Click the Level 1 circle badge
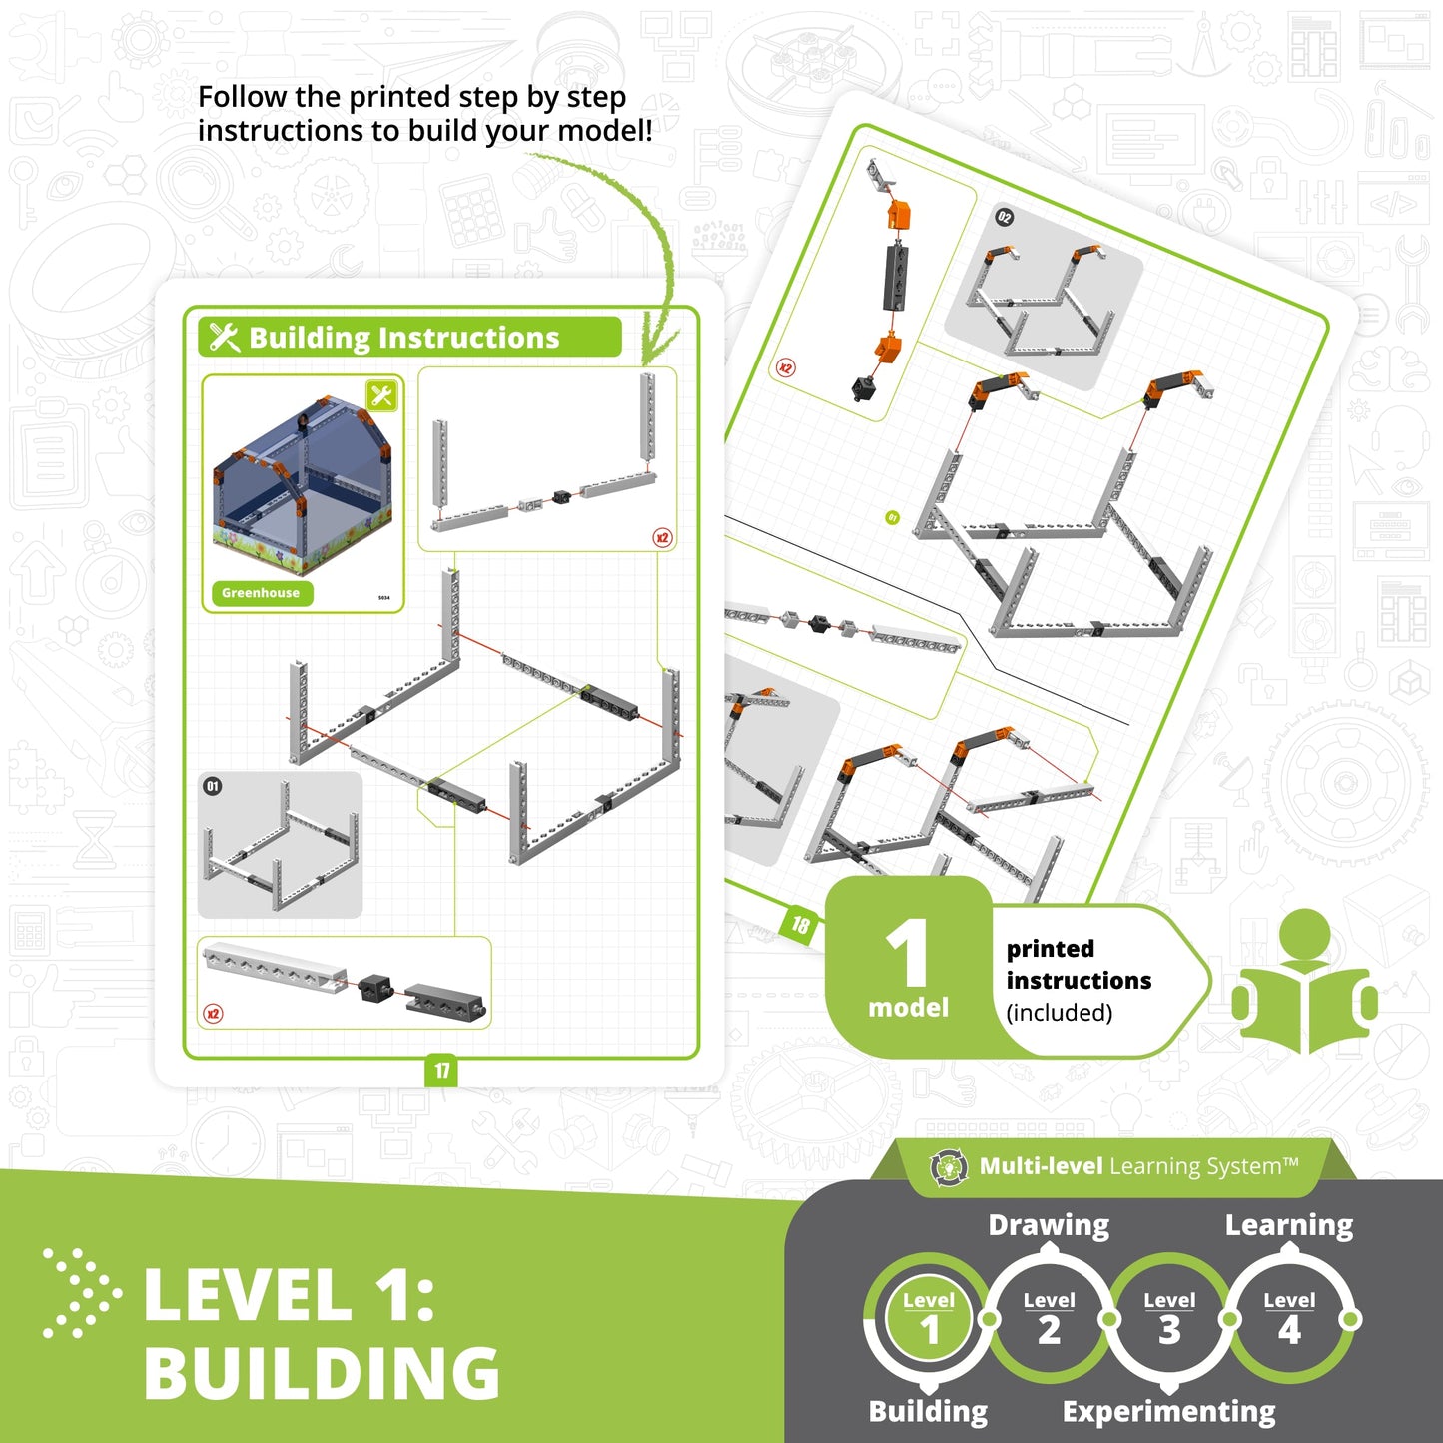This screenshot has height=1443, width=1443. (x=929, y=1319)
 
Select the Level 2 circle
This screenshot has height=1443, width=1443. (x=1049, y=1319)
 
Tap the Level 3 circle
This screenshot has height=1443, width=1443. (x=1169, y=1319)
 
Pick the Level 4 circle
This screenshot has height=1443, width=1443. (x=1289, y=1319)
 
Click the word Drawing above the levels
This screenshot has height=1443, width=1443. (x=1049, y=1225)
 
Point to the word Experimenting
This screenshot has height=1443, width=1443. (x=1168, y=1411)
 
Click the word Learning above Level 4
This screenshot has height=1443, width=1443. (x=1289, y=1225)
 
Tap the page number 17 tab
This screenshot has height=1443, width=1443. (x=441, y=1071)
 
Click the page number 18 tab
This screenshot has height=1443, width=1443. (x=800, y=925)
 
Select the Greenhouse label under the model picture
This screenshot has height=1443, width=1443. (x=261, y=593)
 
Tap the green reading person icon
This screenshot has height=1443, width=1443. (x=1305, y=984)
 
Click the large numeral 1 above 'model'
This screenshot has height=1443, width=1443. (x=907, y=954)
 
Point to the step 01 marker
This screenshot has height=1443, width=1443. (x=212, y=787)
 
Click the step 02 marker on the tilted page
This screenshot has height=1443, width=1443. (x=1004, y=217)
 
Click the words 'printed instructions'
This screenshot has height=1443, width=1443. (x=1079, y=964)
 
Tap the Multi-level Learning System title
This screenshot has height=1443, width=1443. (x=1138, y=1166)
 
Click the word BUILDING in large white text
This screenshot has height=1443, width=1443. (x=322, y=1373)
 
